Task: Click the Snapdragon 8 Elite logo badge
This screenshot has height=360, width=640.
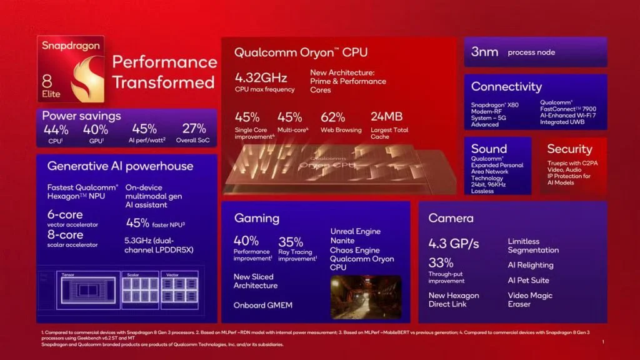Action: [x=71, y=71]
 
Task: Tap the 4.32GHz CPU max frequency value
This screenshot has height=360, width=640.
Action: [x=261, y=78]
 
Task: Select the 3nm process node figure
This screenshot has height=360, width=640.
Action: [x=484, y=52]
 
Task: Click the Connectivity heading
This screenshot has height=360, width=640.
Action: [x=506, y=87]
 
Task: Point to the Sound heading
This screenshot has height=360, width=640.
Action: [x=489, y=149]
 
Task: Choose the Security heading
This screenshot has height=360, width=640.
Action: [x=569, y=149]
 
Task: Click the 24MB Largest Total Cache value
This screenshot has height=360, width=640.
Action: [x=387, y=117]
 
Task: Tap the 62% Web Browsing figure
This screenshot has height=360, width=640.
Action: [x=332, y=117]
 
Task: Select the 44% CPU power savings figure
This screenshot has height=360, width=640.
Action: [x=56, y=129]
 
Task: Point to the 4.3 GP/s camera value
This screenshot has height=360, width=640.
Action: [x=454, y=243]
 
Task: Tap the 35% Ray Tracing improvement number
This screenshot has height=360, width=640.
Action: [x=291, y=241]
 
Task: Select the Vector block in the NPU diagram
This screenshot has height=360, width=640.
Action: [x=179, y=289]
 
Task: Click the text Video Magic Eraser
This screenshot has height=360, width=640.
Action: [x=530, y=299]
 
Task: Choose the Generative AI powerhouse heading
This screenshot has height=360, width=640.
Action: [x=120, y=166]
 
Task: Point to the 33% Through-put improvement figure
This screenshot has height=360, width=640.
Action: [x=441, y=263]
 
